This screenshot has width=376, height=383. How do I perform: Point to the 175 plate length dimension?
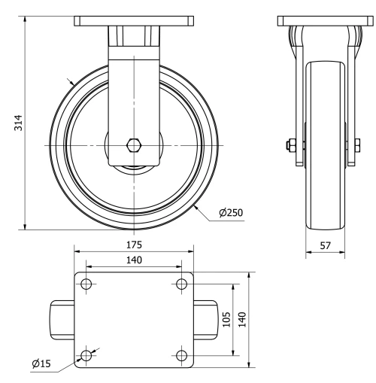point(135,245)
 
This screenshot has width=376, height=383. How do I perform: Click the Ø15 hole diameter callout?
point(42,365)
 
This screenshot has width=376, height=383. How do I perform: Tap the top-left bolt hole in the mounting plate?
point(86,284)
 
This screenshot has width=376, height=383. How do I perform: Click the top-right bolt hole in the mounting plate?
point(180,284)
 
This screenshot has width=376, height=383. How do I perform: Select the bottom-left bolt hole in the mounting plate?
point(86,354)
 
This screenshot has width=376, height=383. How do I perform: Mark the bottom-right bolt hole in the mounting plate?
point(180,354)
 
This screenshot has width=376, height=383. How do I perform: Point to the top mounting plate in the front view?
point(134,20)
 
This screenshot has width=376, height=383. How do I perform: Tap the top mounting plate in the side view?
point(325,20)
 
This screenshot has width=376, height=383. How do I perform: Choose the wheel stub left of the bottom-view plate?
point(62,320)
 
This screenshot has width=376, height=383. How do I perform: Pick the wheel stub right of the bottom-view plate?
point(205,320)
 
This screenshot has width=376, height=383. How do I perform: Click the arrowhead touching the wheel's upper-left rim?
point(71,84)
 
